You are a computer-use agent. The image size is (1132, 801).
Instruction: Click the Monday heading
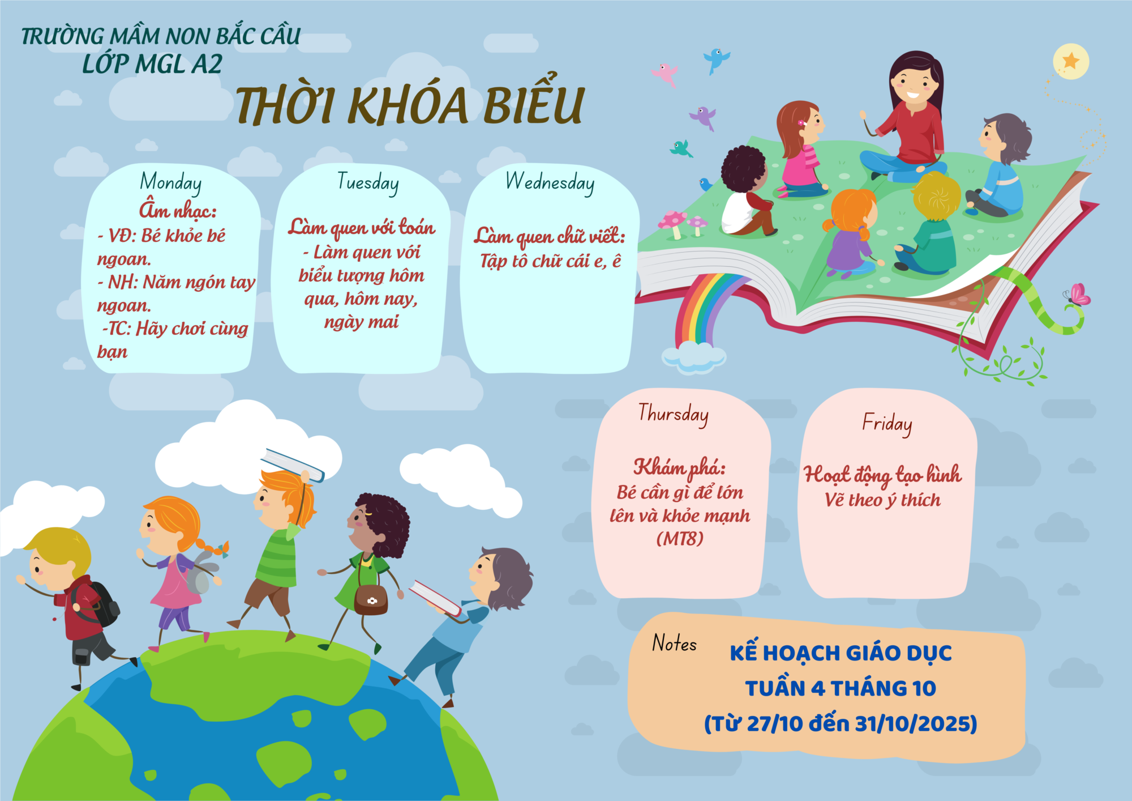pos(170,182)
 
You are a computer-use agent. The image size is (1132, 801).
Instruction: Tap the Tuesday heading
pos(368,182)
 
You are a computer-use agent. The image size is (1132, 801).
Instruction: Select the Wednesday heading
pos(550,182)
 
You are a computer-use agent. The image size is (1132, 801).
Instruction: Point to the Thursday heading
pos(673,414)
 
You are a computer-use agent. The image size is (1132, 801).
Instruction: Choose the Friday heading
pos(887,424)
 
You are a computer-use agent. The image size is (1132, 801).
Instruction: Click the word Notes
pos(674,643)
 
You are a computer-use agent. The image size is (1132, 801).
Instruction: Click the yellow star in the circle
pos(1071,60)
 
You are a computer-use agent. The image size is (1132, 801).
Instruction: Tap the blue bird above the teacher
pos(717,60)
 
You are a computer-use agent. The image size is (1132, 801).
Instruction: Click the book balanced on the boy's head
pos(293,465)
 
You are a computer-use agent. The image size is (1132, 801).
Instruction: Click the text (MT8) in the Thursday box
pos(680,538)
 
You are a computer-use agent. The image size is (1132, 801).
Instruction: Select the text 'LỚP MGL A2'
pos(152,64)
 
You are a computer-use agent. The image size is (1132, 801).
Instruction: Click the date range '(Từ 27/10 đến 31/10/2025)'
pos(841,724)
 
